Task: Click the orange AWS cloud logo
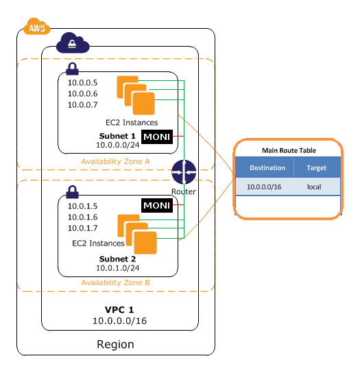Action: (x=37, y=27)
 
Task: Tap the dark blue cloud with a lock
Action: (x=73, y=43)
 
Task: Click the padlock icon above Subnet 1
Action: (x=72, y=69)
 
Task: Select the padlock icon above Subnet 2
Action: (x=72, y=192)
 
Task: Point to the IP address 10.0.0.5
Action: (x=83, y=83)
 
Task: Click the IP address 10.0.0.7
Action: (x=83, y=105)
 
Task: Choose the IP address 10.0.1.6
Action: (x=83, y=217)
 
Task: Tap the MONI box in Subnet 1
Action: (x=157, y=137)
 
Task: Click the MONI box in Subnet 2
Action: (x=157, y=205)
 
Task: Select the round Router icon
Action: (x=184, y=172)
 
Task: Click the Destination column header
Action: (x=267, y=168)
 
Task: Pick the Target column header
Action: (x=316, y=168)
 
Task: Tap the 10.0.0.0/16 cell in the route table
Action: (x=264, y=187)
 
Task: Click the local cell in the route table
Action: (x=314, y=187)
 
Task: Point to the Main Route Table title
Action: (x=289, y=150)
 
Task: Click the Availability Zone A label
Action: (x=115, y=161)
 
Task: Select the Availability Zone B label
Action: (x=115, y=283)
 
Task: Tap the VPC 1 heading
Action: (x=119, y=310)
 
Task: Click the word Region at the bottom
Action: (x=115, y=344)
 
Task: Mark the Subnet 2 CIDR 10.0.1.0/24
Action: (x=117, y=268)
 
